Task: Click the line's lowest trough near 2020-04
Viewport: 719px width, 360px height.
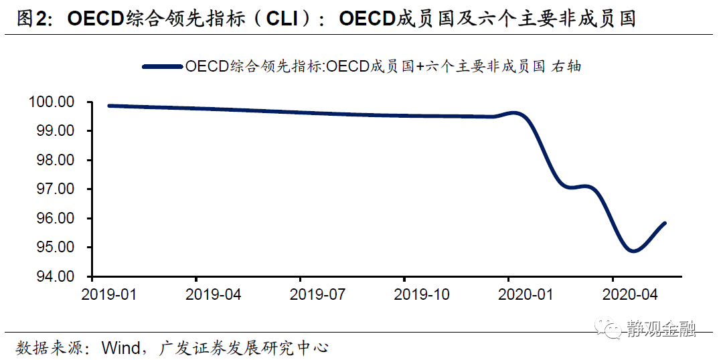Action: point(633,251)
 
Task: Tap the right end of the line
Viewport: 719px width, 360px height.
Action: point(665,223)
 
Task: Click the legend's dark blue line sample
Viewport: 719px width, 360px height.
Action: point(163,66)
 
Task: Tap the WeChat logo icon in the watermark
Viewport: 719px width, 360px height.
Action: point(611,329)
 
